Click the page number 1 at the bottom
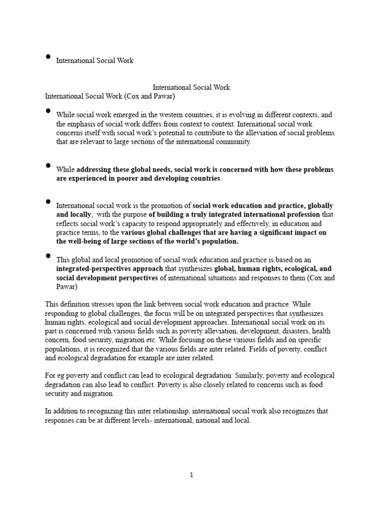pos(191,475)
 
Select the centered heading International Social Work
pos(191,87)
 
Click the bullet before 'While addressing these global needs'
pos(48,165)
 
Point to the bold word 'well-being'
pos(85,242)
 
